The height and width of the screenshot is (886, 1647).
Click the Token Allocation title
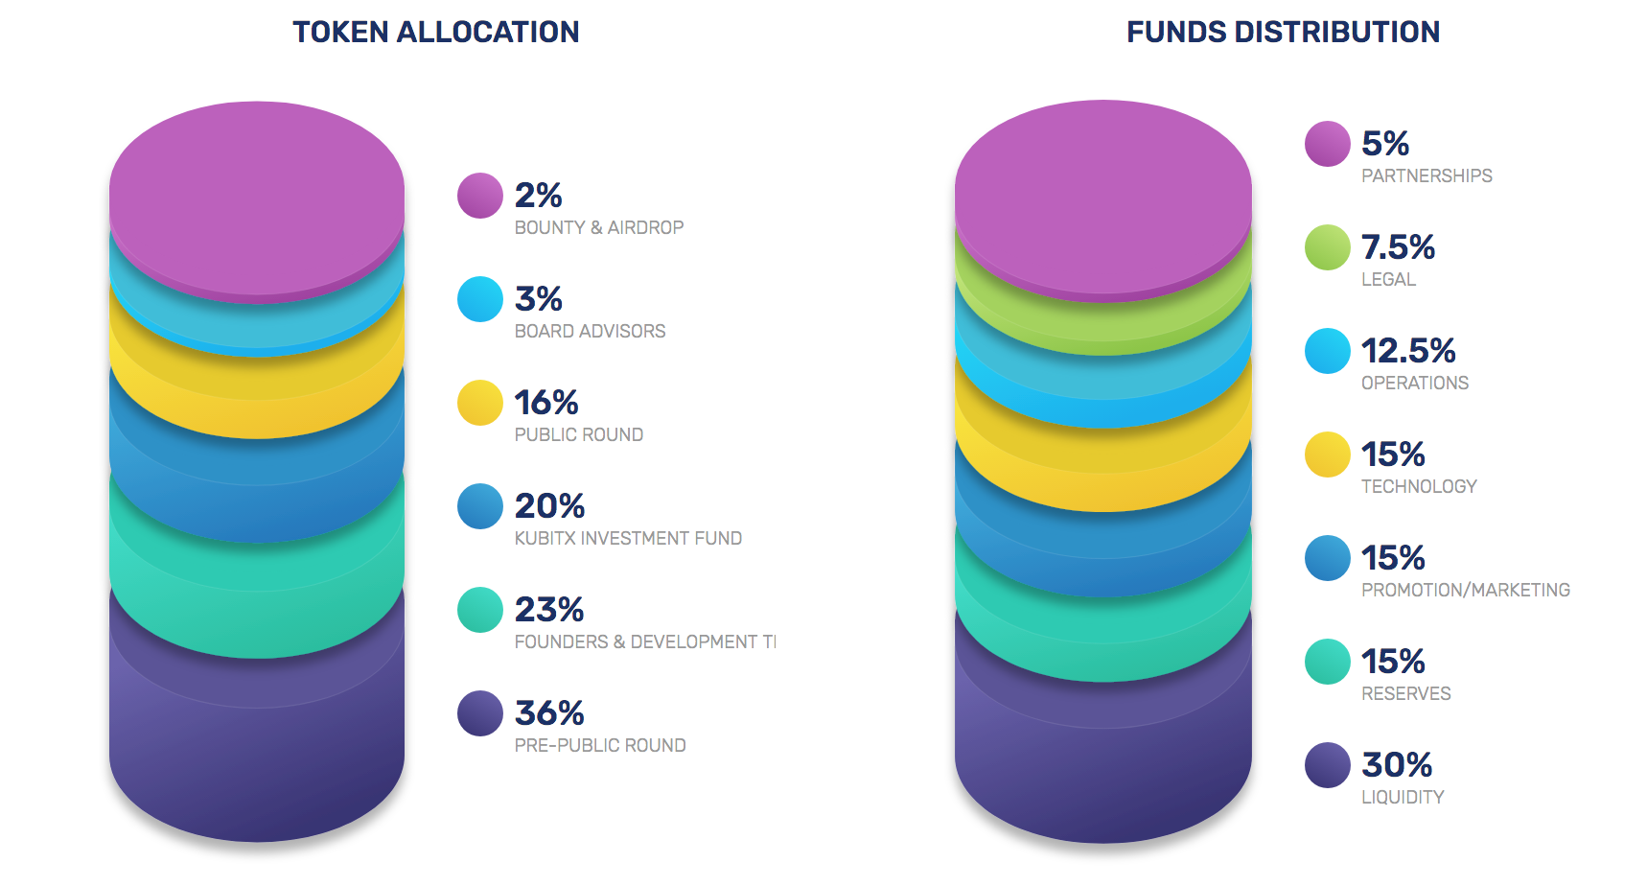(x=435, y=33)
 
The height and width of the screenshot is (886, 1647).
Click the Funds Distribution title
(x=1283, y=33)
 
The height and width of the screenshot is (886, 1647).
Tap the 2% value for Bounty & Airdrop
(x=538, y=196)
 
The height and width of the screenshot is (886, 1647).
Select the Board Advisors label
(x=590, y=331)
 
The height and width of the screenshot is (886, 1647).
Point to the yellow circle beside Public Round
(x=480, y=403)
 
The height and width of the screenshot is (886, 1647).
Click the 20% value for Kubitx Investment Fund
(x=549, y=506)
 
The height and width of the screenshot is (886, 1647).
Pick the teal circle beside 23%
(x=480, y=610)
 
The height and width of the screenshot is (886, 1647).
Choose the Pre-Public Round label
(x=600, y=745)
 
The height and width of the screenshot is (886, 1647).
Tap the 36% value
(x=549, y=713)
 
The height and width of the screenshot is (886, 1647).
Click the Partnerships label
(x=1427, y=175)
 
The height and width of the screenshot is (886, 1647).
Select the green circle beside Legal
(x=1328, y=247)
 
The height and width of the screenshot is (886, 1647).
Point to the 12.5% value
(x=1408, y=351)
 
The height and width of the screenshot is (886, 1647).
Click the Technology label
(x=1419, y=486)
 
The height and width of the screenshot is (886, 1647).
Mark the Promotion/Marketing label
(x=1466, y=590)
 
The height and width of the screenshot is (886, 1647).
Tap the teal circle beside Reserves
(x=1328, y=662)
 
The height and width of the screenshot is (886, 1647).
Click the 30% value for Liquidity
(x=1397, y=765)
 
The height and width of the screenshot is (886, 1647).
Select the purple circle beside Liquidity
(x=1328, y=765)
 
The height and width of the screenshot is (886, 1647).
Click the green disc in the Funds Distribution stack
(x=1102, y=326)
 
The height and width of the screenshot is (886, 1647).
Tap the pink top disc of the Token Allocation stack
(x=257, y=197)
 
